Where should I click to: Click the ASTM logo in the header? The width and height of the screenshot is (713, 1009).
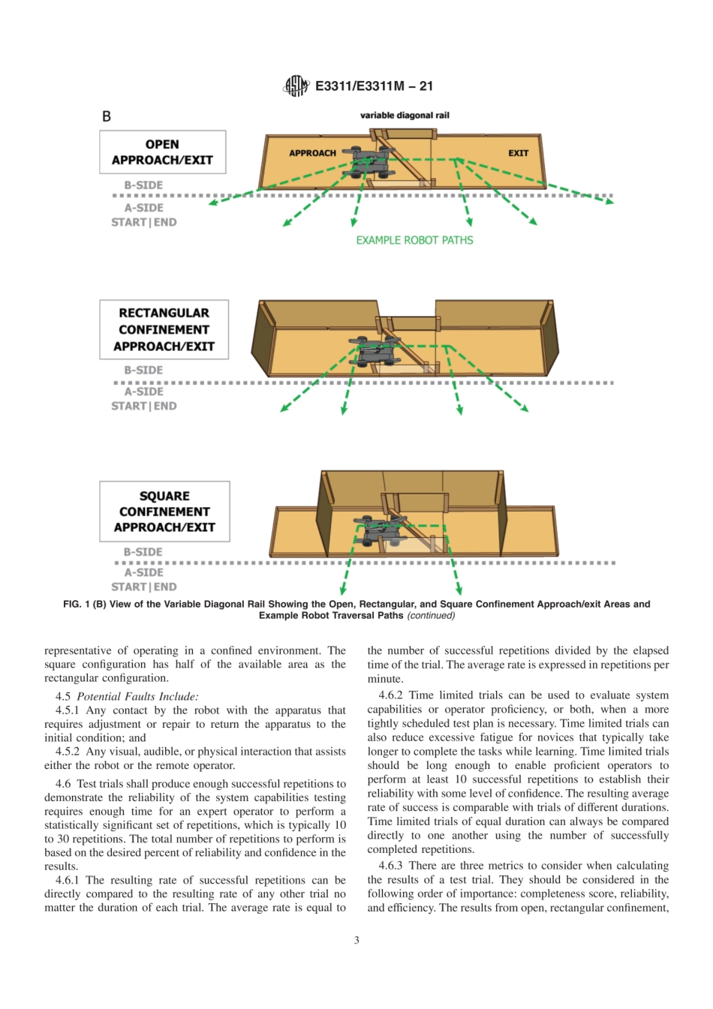click(296, 86)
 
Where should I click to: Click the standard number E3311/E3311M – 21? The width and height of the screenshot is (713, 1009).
click(374, 86)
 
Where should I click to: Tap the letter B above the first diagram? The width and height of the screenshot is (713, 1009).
click(107, 116)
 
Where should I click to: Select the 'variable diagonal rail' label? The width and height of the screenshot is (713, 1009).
click(405, 116)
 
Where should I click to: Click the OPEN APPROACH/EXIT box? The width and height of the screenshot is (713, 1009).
click(162, 152)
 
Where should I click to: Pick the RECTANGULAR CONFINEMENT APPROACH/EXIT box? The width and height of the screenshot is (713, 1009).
click(164, 329)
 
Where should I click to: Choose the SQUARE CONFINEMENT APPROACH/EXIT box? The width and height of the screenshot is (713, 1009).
click(164, 512)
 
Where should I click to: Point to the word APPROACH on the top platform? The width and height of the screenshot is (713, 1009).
click(312, 153)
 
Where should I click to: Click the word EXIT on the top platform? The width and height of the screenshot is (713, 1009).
click(518, 153)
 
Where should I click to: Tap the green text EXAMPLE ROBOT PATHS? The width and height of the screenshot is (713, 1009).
click(414, 241)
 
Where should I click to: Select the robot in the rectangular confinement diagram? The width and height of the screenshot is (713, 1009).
click(373, 351)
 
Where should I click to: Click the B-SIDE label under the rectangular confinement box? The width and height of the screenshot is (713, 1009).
click(143, 370)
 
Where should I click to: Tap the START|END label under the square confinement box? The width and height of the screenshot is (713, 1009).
click(144, 587)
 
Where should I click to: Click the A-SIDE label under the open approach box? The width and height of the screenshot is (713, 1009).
click(143, 208)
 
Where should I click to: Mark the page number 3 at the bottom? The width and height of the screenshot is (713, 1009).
click(356, 940)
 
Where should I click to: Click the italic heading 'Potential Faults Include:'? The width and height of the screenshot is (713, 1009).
click(137, 696)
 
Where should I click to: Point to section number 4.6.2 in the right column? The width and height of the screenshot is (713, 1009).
click(390, 695)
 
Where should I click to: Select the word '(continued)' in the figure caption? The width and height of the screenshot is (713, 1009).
click(431, 616)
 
